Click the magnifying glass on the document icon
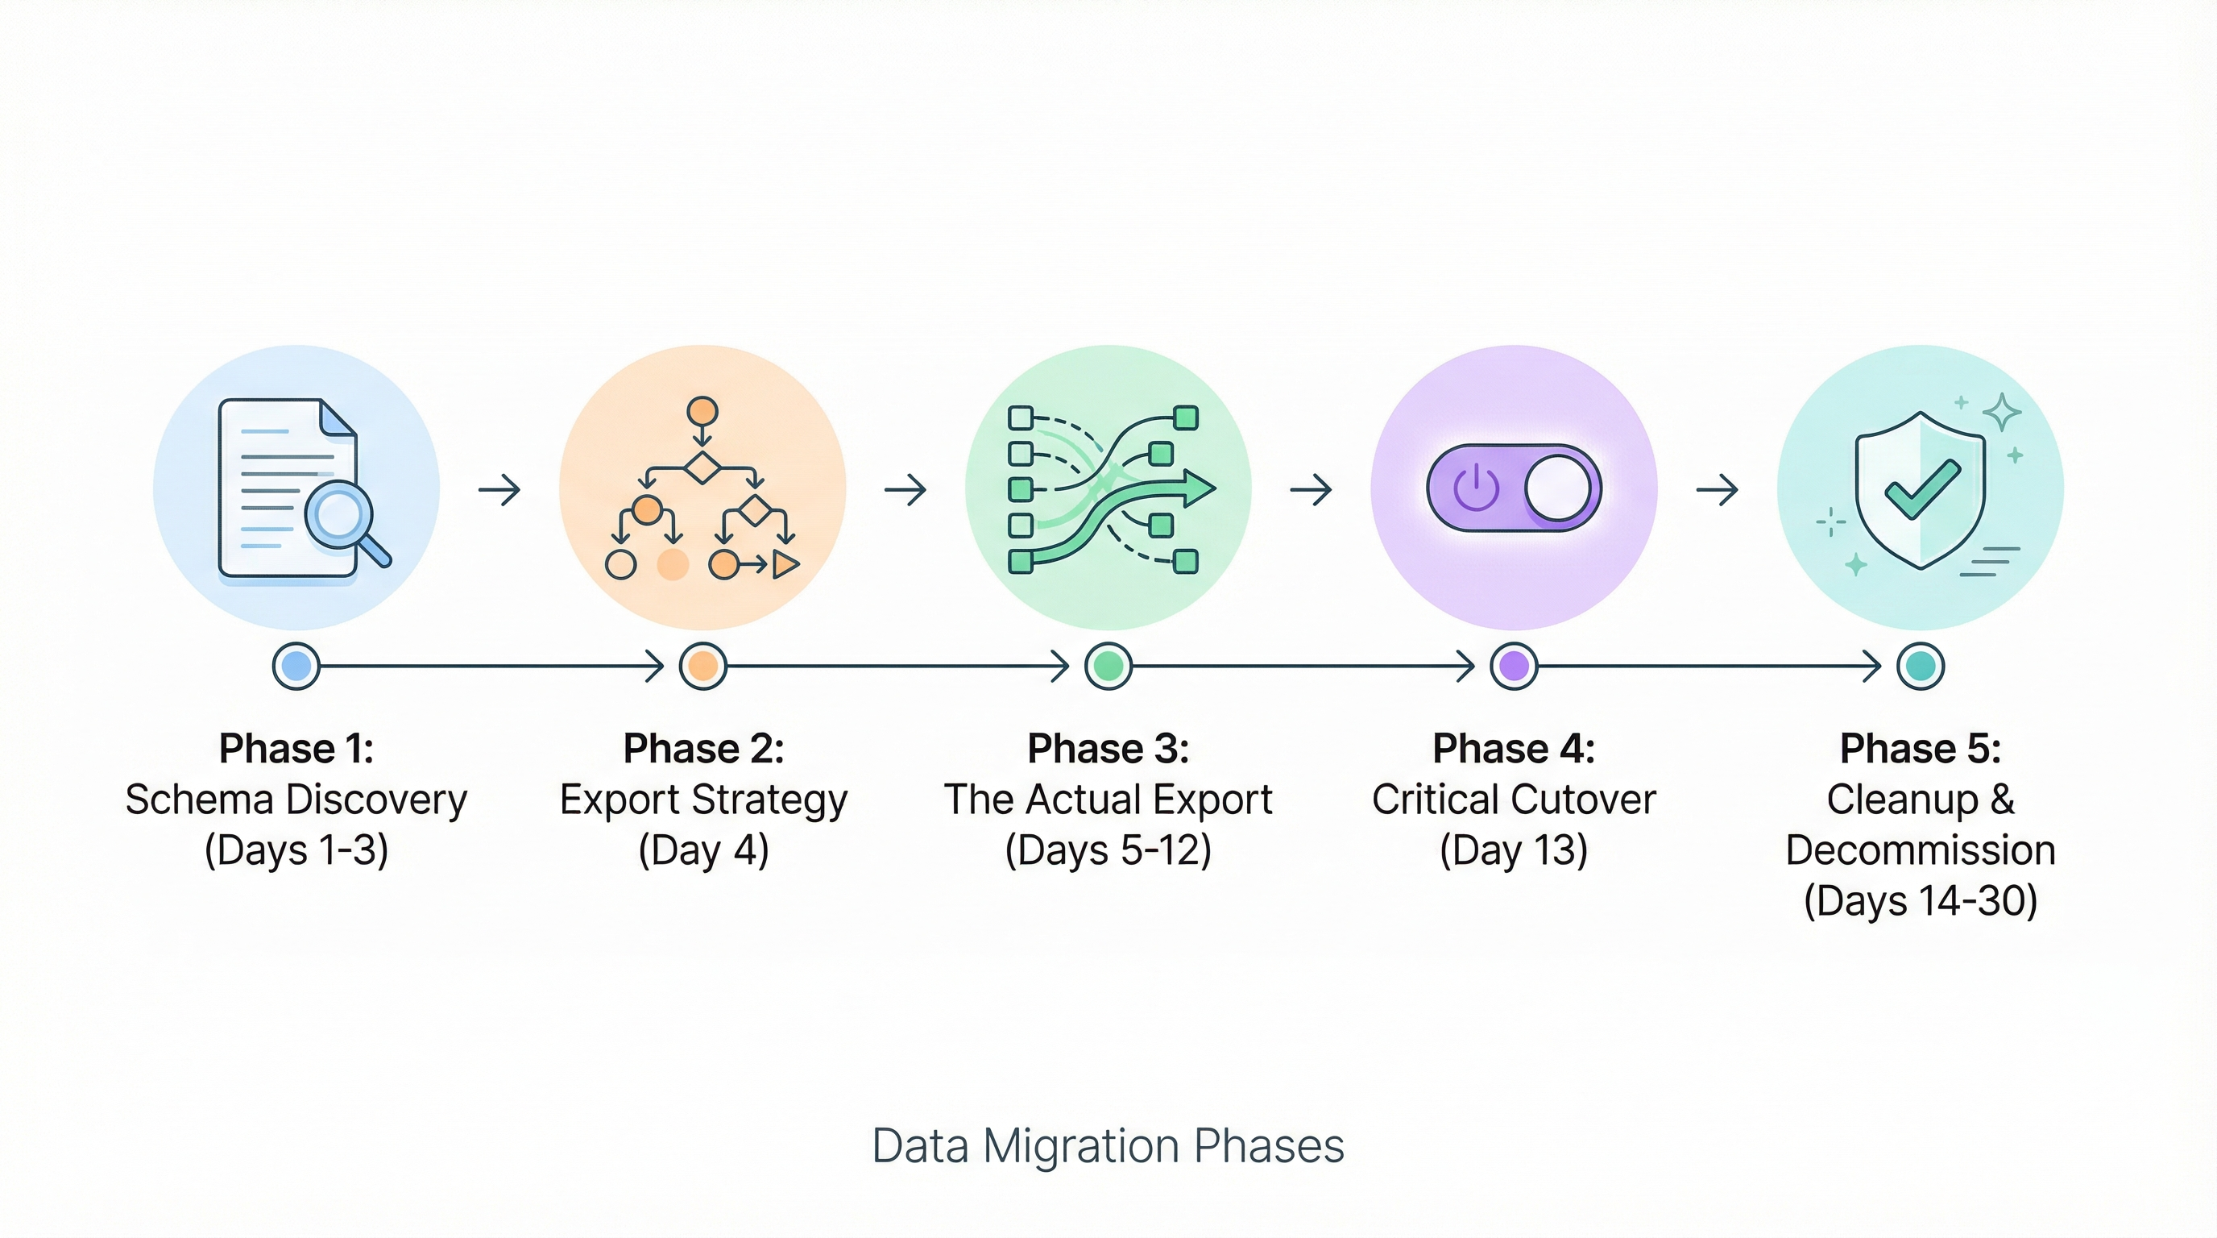[339, 514]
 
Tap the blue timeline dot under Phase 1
[296, 666]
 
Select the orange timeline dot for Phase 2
[702, 666]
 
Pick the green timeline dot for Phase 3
[1108, 666]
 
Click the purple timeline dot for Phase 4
[1514, 666]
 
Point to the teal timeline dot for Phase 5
[1920, 666]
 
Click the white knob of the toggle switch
[1558, 488]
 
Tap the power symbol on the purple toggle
[1475, 488]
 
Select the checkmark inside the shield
[1922, 488]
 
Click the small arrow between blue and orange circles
[500, 490]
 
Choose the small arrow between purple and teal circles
[1717, 490]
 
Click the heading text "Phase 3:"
[1108, 748]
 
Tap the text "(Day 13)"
[1513, 850]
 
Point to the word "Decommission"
[1920, 850]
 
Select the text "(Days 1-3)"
[296, 850]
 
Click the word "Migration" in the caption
[1081, 1146]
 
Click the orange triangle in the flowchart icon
[785, 564]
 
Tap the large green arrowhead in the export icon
[1198, 488]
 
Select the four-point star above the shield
[2002, 412]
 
